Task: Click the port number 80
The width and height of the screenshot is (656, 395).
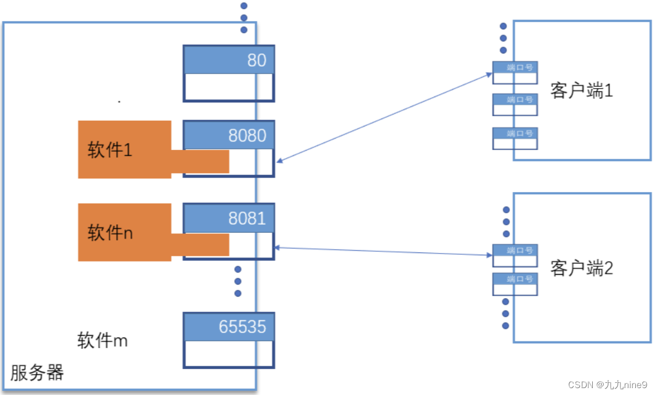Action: point(256,60)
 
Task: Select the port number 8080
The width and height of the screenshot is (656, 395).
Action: point(247,135)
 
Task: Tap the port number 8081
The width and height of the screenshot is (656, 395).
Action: point(247,218)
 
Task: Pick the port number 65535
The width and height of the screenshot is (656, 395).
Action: point(242,327)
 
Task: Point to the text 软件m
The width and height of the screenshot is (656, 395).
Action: point(102,340)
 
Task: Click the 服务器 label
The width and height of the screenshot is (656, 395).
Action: point(37,373)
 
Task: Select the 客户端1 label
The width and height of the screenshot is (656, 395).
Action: point(581,91)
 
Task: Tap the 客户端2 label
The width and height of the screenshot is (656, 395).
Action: point(581,268)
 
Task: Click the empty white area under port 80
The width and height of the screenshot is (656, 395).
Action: point(229,87)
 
